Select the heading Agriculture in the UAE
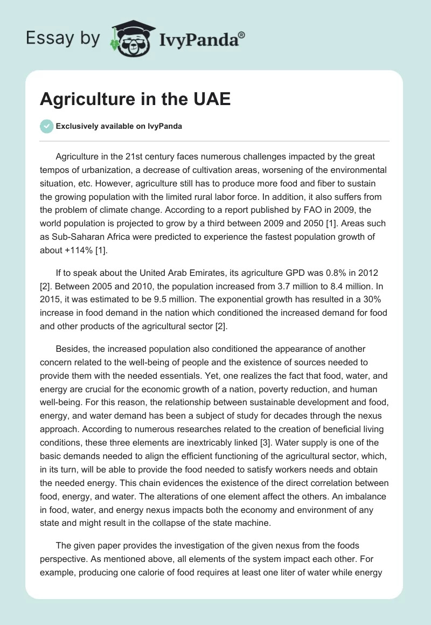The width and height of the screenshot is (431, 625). point(135,100)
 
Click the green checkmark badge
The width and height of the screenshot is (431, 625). point(46,126)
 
